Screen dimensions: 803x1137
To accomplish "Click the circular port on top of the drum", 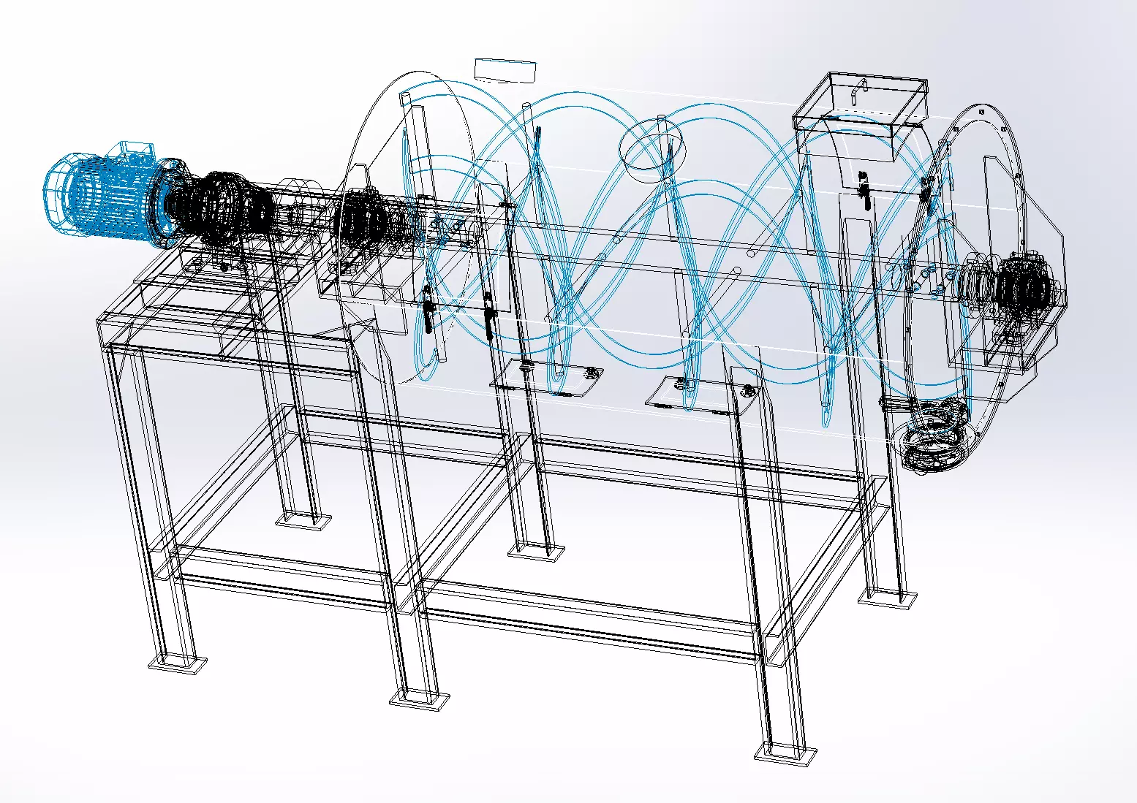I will tap(653, 150).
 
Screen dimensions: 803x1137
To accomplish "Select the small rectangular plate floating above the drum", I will tap(505, 69).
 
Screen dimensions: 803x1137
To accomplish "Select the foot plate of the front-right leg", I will tap(785, 752).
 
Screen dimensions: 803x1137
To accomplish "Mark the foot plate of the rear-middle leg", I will tap(536, 551).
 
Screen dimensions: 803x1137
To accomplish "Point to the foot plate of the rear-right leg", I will tap(887, 598).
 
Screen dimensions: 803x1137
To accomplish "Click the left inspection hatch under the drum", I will tap(545, 379).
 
